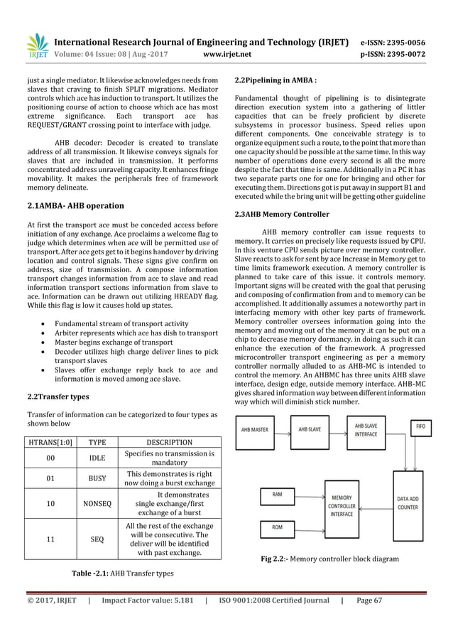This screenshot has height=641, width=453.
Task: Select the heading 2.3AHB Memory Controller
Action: (x=281, y=214)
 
